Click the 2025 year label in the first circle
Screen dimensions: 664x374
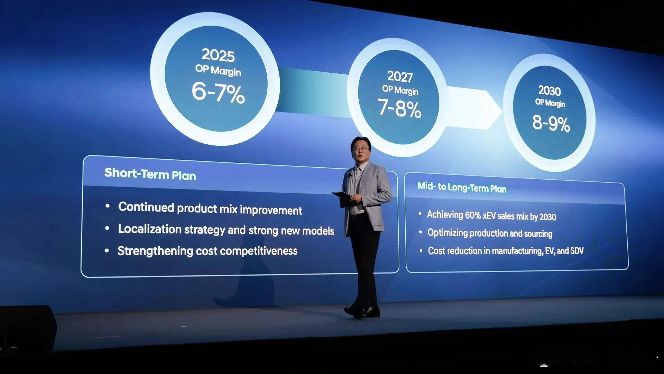218,55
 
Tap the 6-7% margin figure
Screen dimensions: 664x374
218,92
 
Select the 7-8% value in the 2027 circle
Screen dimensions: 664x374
399,108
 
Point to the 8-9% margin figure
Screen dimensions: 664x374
551,123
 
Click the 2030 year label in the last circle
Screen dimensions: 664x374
550,91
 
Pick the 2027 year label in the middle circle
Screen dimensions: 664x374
400,77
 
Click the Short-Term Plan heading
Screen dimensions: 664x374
150,174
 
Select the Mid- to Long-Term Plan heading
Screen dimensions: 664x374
462,187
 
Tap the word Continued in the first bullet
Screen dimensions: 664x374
146,207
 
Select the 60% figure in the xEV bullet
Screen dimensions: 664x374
473,215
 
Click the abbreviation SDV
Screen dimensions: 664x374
577,251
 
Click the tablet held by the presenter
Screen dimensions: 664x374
342,195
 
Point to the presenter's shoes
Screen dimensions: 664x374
362,312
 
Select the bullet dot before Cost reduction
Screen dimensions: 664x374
421,250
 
